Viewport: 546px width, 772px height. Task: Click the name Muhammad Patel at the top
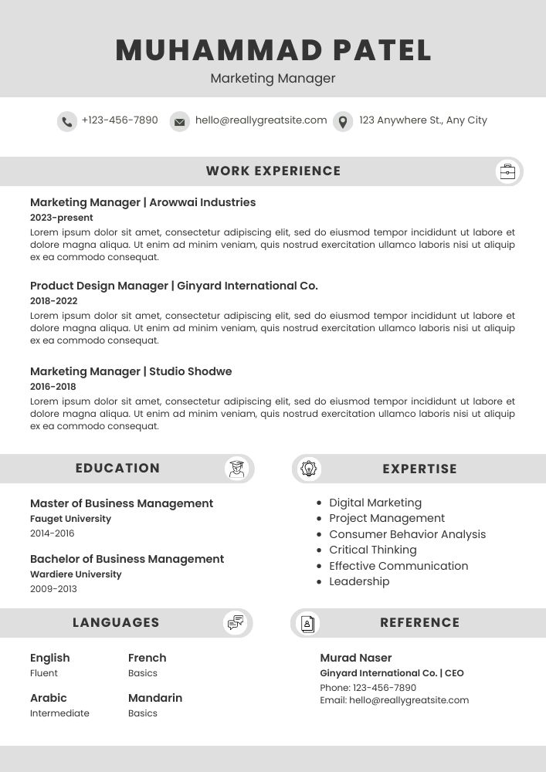[x=273, y=51]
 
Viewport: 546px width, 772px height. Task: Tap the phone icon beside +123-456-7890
[x=67, y=121]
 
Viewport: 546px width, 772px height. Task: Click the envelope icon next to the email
[x=180, y=121]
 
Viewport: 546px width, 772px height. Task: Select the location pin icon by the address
[x=343, y=121]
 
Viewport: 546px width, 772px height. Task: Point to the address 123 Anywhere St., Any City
[x=423, y=120]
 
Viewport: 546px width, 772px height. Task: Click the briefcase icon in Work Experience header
[x=507, y=171]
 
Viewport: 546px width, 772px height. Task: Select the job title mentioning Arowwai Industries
[x=143, y=202]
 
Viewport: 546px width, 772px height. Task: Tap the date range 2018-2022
[x=54, y=301]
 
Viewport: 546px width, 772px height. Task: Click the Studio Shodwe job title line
[x=131, y=371]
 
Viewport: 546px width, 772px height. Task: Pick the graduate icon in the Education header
[x=236, y=469]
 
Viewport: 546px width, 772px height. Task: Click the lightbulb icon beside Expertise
[x=309, y=469]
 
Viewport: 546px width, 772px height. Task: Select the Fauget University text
[x=70, y=519]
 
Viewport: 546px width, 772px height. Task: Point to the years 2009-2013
[x=53, y=589]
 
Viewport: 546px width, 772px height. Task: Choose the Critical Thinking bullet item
[x=373, y=550]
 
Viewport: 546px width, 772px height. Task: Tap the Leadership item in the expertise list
[x=359, y=581]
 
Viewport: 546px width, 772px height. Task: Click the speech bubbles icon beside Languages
[x=236, y=623]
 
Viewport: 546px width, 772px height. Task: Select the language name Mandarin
[x=155, y=698]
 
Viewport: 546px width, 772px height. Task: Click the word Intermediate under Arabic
[x=59, y=713]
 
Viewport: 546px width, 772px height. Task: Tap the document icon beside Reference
[x=307, y=623]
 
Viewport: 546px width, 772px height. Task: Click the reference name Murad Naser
[x=356, y=658]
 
